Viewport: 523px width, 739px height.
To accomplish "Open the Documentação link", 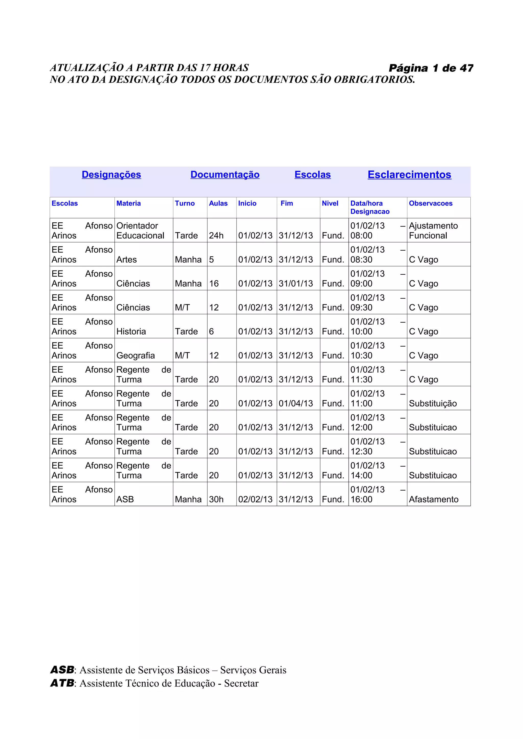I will coord(225,174).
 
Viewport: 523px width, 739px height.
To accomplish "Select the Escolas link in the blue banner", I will coord(312,174).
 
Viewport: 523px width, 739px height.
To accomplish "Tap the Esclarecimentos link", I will coord(409,174).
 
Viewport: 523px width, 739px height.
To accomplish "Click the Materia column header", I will coord(128,203).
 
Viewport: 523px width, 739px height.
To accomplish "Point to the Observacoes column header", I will coord(431,203).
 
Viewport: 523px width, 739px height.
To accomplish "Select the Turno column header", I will coord(185,203).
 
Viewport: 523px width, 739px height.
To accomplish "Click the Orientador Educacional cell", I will coord(140,231).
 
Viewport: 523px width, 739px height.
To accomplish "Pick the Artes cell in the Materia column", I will coord(126,259).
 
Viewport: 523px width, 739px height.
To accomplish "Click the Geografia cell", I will coord(135,355).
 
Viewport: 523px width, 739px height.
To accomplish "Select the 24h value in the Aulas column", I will coord(216,236).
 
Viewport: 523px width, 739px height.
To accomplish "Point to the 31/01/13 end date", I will coord(295,284).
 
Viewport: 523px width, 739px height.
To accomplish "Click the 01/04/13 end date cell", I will coord(295,403).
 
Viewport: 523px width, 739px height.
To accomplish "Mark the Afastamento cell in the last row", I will coord(433,499).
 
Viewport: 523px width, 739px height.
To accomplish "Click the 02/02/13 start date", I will coord(255,499).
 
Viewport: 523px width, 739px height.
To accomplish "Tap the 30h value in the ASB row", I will coord(216,499).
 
